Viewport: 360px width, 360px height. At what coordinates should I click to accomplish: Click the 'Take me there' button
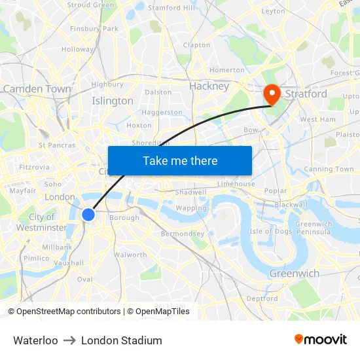coord(180,161)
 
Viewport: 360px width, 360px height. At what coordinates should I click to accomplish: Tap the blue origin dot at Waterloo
coord(88,214)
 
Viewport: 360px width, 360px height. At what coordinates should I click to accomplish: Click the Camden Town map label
coord(37,88)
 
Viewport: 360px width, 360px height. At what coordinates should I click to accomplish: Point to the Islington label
coord(113,101)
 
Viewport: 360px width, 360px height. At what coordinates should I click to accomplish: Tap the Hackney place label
coord(209,86)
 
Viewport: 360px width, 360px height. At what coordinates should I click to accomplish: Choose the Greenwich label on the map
coord(294,273)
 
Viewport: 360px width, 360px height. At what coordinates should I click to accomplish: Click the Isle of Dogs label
coord(271,231)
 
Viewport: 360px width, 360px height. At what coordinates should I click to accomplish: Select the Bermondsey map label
coord(183,234)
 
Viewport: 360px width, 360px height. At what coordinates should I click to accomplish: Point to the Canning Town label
coord(329,169)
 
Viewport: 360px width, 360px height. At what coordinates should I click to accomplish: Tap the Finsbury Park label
coord(94,29)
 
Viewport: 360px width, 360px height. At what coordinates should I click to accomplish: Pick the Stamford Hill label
coord(171,8)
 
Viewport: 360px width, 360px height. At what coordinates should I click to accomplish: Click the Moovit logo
coord(321,339)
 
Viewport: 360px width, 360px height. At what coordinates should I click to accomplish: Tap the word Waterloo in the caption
coord(35,340)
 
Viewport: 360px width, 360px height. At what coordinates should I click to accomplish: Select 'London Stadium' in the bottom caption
coord(122,340)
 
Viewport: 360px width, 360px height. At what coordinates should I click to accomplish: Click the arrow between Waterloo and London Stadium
coord(69,340)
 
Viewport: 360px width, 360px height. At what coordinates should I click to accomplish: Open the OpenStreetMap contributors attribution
coord(64,312)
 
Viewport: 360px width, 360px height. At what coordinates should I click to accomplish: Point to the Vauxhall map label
coord(69,262)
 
